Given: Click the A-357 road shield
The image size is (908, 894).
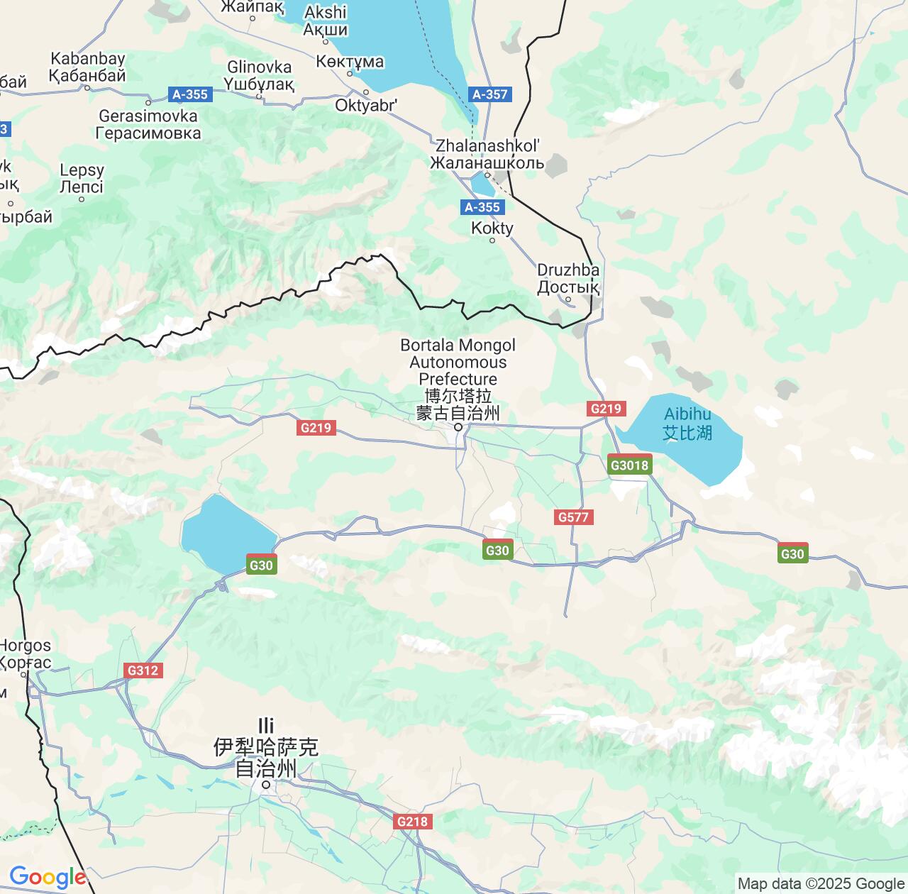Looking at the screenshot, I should tap(489, 94).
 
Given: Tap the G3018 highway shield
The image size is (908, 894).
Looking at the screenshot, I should tap(629, 465).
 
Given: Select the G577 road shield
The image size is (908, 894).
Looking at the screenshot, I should tap(573, 517).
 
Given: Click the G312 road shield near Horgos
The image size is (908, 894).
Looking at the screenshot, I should tap(143, 670).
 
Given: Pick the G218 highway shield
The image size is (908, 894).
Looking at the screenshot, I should tap(412, 822).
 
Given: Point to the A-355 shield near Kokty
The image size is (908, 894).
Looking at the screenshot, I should tap(482, 207).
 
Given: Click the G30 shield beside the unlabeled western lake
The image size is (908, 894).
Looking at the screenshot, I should tap(261, 565).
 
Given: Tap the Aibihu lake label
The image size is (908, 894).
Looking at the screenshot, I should tap(687, 424).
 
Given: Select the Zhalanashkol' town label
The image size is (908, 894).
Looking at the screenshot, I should tap(487, 154).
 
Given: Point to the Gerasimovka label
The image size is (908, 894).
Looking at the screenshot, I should tap(148, 124).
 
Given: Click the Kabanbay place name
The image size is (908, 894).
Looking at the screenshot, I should tap(87, 67).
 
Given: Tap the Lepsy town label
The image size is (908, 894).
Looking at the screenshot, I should tap(82, 178).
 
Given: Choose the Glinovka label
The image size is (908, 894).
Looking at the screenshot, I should tap(259, 75).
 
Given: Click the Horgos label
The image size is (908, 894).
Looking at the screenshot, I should tap(26, 653).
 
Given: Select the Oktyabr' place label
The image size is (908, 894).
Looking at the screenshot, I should tap(366, 105).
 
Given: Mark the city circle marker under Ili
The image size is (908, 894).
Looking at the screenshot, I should tap(265, 785).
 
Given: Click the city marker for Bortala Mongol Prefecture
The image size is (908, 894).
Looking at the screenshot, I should tap(458, 427).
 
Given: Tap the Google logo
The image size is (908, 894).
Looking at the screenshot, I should tap(47, 877).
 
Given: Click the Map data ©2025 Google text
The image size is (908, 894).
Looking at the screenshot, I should tap(821, 883).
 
